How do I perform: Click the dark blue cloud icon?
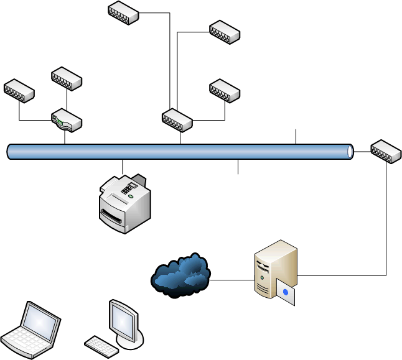tap(181, 275)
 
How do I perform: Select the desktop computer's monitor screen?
tap(124, 320)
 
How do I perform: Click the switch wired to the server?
tap(386, 151)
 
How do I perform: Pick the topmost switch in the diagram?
tap(123, 12)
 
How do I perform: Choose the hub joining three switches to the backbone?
tap(177, 120)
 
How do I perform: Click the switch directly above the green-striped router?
tap(67, 79)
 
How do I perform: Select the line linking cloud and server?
tap(232, 280)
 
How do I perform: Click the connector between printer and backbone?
tap(123, 167)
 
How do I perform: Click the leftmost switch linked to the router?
tap(19, 90)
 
